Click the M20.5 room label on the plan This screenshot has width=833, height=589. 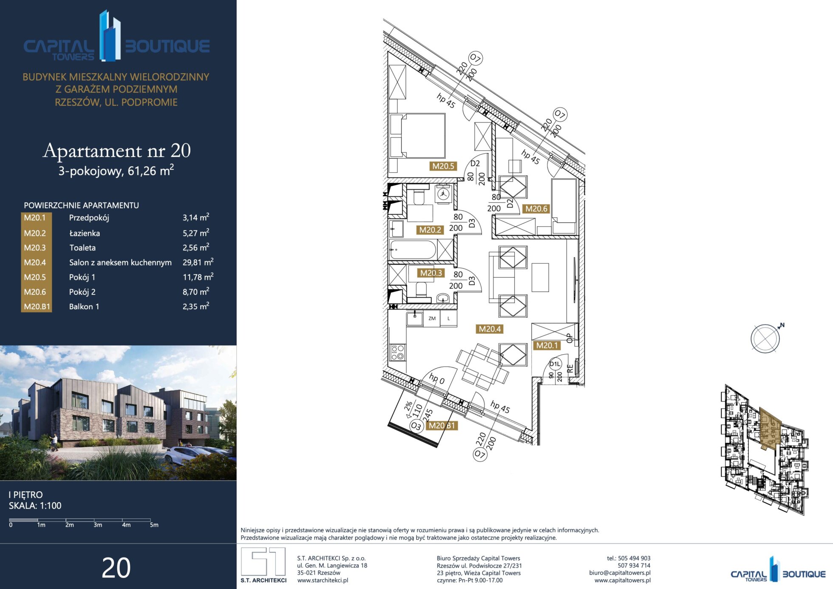click(443, 166)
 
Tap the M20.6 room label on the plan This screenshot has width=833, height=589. click(536, 209)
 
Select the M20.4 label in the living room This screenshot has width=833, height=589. click(490, 329)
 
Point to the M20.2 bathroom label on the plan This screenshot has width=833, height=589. click(430, 230)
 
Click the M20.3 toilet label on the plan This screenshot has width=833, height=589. click(431, 273)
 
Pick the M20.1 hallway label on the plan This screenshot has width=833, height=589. click(547, 346)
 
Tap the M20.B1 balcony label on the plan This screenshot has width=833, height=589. click(442, 426)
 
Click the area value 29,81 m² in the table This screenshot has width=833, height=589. click(198, 262)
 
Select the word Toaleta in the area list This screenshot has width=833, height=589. click(82, 248)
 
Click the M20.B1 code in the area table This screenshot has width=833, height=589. click(37, 307)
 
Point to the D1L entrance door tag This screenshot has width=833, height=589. click(555, 364)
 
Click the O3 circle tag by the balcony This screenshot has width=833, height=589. click(416, 426)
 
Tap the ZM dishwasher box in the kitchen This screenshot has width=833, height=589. click(432, 319)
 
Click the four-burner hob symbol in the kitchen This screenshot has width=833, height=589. click(397, 353)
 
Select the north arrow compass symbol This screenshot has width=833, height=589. click(766, 339)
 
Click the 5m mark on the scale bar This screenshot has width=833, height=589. click(154, 525)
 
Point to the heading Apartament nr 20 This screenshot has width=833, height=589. click(117, 151)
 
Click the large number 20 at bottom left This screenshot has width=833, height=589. click(116, 568)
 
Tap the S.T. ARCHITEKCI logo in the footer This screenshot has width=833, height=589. click(263, 565)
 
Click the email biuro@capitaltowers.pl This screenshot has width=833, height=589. click(620, 573)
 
